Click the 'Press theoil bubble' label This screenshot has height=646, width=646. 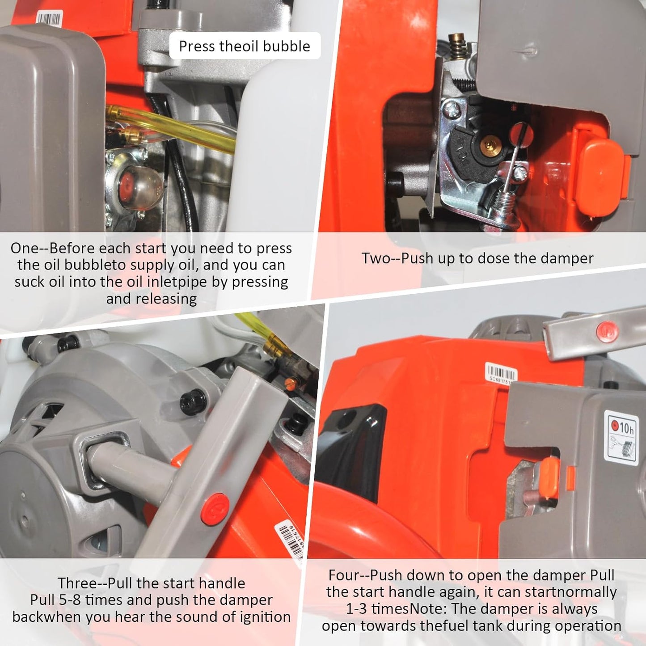[245, 46]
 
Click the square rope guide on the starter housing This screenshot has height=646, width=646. [102, 460]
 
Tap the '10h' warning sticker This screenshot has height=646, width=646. [622, 439]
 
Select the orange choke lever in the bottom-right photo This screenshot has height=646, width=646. [549, 478]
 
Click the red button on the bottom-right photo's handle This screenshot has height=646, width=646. [608, 331]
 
